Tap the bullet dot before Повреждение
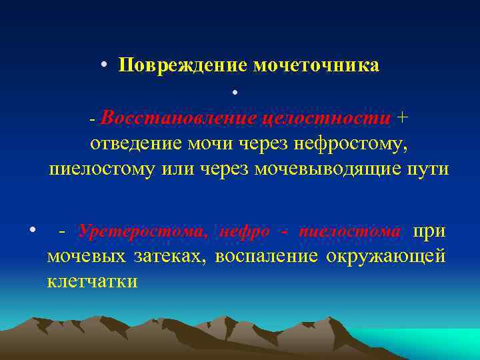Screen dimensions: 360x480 click(105, 66)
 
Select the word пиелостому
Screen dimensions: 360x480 click(101, 169)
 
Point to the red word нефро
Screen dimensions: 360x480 click(244, 231)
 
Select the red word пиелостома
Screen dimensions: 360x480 click(351, 231)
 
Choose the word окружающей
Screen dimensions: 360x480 click(385, 257)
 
